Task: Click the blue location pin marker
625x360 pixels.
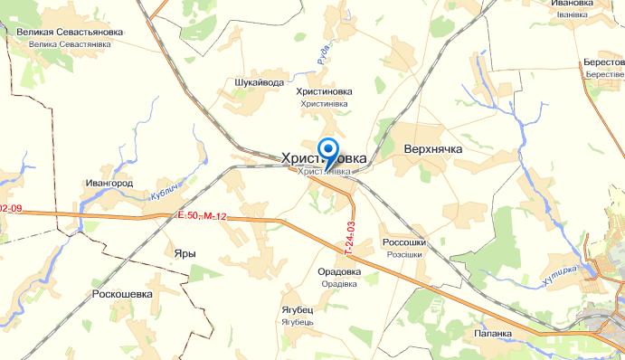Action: (x=329, y=149)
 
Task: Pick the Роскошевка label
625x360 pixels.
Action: (x=122, y=294)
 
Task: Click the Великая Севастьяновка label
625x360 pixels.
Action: (x=70, y=32)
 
